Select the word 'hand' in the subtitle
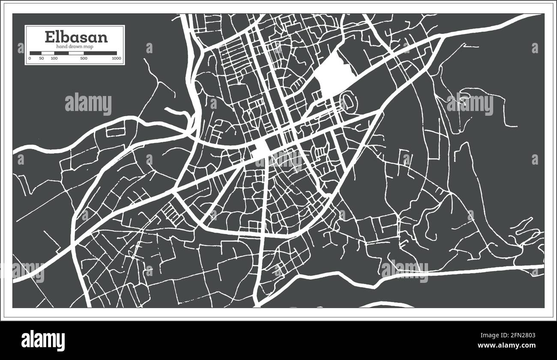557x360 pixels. [x=62, y=46]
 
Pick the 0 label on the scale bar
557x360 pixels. [x=30, y=58]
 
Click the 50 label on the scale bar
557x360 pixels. [x=42, y=58]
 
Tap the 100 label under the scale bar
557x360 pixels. [x=54, y=58]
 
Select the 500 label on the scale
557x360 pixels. [x=84, y=58]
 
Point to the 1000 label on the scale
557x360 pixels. [x=115, y=58]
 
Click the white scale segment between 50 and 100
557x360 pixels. [x=48, y=54]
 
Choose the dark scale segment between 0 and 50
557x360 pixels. [x=36, y=54]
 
